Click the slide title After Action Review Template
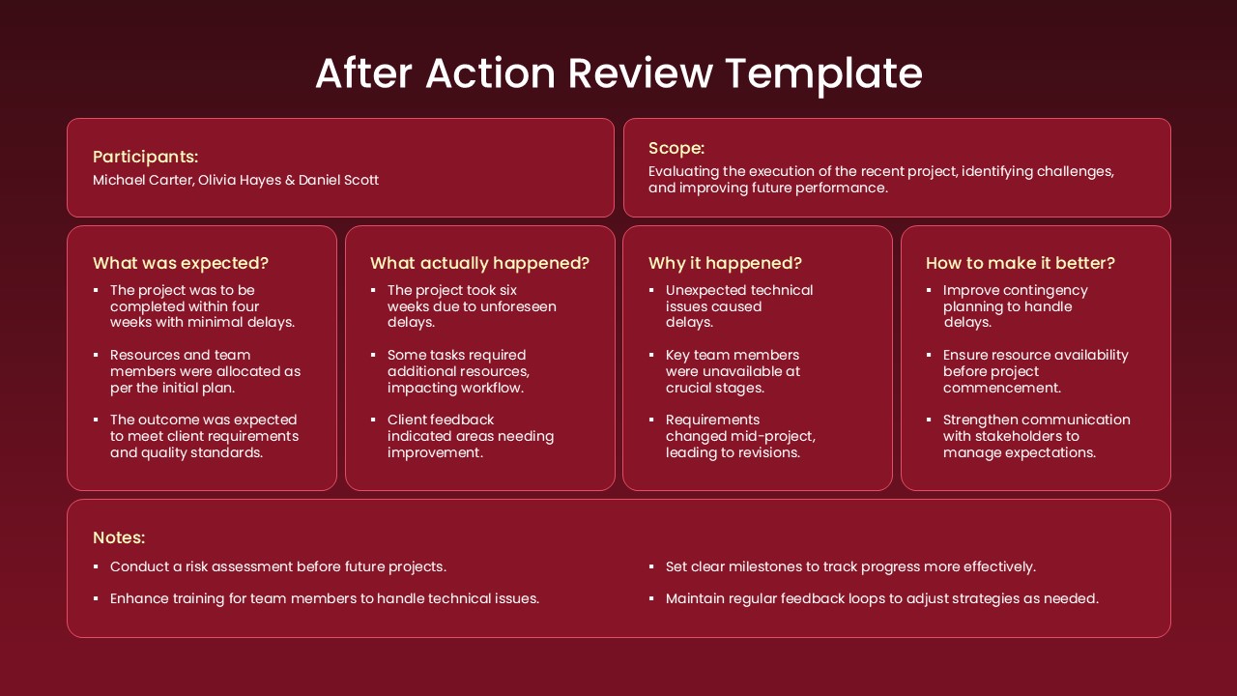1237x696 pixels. (x=618, y=73)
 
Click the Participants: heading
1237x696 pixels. (x=145, y=157)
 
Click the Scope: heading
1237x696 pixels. (x=676, y=148)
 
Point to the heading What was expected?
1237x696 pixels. (x=180, y=263)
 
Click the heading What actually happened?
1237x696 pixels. (x=479, y=263)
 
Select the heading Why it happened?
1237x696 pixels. (x=725, y=263)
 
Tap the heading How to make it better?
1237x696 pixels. (x=1020, y=263)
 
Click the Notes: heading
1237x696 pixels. (x=118, y=537)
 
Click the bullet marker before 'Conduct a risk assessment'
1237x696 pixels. (x=96, y=567)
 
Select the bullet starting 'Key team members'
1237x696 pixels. (x=732, y=371)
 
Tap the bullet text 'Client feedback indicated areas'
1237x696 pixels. (x=470, y=436)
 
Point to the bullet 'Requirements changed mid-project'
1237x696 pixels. (x=739, y=436)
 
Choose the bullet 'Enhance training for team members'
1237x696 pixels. (x=324, y=598)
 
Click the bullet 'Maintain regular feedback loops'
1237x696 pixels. (x=881, y=598)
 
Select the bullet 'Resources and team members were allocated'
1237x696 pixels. (x=205, y=371)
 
